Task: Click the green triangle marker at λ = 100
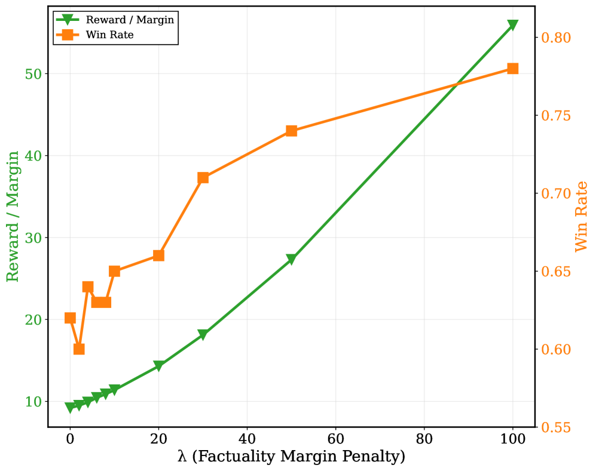coord(512,25)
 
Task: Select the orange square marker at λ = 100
coord(512,69)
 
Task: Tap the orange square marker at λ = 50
coord(291,131)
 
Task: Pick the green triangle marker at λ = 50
coord(291,260)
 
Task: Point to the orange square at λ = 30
coord(203,178)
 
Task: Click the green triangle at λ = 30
coord(203,335)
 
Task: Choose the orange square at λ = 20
coord(158,255)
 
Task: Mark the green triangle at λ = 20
coord(158,366)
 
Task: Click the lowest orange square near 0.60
coord(79,349)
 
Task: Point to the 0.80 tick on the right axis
coord(556,38)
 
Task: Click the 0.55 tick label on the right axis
coord(556,427)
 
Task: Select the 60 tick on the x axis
coord(335,438)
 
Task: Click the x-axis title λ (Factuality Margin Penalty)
coord(291,457)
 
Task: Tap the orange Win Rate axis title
coord(582,216)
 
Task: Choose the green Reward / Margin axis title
coord(13,216)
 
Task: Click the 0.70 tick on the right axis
coord(556,193)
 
